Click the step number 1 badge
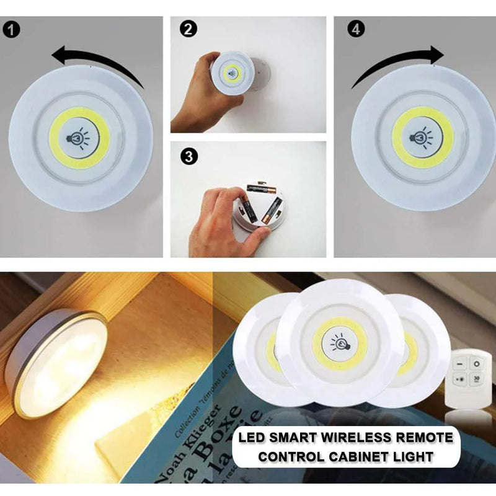(x=12, y=29)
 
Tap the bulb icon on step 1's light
(x=79, y=138)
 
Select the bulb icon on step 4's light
(x=422, y=136)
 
